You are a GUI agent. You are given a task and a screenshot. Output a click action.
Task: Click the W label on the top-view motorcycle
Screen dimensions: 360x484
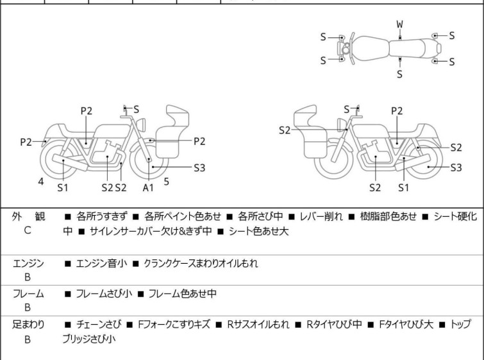(x=399, y=24)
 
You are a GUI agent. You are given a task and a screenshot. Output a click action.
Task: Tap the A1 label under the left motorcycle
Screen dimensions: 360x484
(x=148, y=187)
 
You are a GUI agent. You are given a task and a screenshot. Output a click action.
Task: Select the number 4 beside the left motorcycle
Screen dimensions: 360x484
(x=41, y=182)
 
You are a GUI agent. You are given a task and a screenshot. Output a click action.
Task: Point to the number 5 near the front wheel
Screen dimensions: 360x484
(x=167, y=182)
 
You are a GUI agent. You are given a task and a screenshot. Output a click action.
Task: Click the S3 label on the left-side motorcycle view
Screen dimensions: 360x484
(x=199, y=167)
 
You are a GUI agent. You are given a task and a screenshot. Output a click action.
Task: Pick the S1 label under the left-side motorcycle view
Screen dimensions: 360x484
(x=63, y=187)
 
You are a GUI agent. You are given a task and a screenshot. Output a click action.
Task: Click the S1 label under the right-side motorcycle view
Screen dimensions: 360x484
(x=403, y=187)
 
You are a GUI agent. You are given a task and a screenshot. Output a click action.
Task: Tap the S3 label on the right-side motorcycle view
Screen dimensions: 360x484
(x=456, y=167)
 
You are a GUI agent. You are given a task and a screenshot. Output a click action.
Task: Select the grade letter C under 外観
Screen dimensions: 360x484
(x=28, y=230)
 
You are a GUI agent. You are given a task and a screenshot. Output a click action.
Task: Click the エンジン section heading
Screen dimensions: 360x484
(x=29, y=263)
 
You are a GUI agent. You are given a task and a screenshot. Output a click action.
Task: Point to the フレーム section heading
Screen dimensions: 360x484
(x=28, y=294)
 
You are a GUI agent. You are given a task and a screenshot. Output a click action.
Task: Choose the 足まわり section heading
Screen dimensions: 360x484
(x=29, y=325)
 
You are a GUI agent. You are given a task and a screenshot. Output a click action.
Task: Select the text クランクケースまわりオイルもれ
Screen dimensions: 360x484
(x=201, y=263)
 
